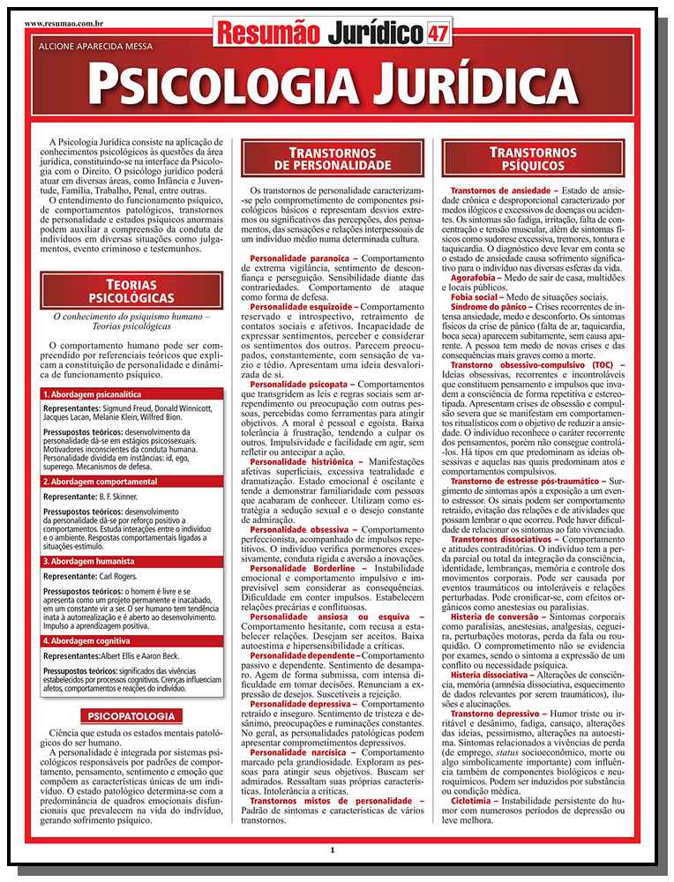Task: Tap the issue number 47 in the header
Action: point(437,34)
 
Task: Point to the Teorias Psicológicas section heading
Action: point(131,291)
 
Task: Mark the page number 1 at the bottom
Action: point(332,849)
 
